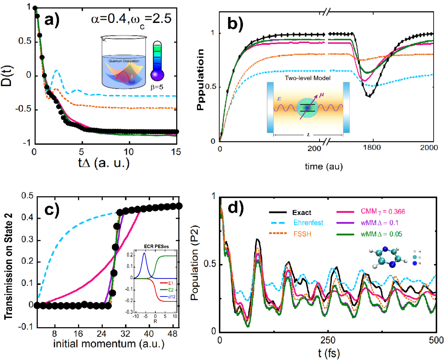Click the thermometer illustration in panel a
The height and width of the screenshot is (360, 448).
157,61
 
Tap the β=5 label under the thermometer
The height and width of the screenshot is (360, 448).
157,87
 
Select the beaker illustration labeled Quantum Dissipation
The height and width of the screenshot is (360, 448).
124,62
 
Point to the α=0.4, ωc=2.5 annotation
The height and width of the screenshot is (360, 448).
131,20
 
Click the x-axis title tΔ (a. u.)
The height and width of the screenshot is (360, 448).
104,163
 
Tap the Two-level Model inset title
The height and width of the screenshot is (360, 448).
308,78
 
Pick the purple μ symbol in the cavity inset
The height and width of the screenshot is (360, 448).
321,95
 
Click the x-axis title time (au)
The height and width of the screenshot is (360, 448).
324,166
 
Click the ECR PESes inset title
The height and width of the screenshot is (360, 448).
156,246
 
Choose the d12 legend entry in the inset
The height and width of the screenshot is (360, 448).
172,297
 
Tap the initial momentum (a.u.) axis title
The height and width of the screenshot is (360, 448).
109,344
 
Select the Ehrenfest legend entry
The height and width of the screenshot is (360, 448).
308,223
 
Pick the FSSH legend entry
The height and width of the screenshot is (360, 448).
302,234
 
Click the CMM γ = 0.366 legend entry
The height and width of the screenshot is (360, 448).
383,211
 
